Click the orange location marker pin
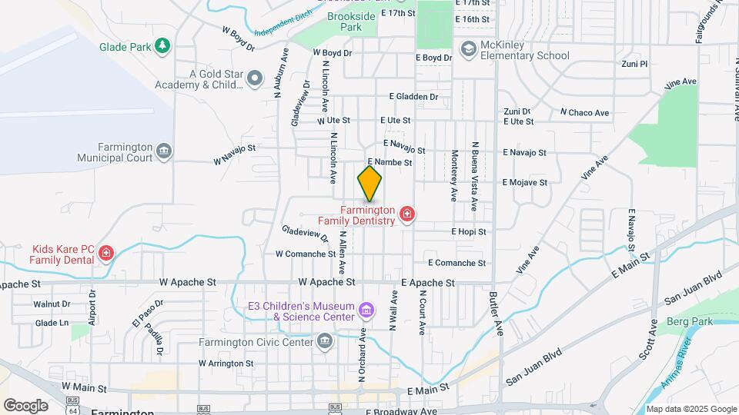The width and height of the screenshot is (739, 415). tap(369, 184)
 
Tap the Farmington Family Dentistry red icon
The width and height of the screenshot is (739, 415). tap(406, 214)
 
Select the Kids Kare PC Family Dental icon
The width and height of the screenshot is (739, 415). tap(106, 253)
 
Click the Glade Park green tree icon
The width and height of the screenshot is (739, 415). tap(162, 46)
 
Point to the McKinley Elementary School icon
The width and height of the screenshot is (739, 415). tap(467, 50)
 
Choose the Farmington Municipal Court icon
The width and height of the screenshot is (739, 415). tap(163, 151)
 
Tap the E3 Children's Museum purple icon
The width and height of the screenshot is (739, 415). tap(366, 311)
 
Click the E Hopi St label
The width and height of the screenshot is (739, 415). tap(469, 231)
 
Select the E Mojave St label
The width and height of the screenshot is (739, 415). tap(524, 183)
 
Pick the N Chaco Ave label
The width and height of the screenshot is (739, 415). tap(584, 113)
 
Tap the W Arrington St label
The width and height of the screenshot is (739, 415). tap(226, 363)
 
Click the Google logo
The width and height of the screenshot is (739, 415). tap(25, 406)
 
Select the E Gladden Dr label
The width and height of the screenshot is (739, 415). tap(413, 97)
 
